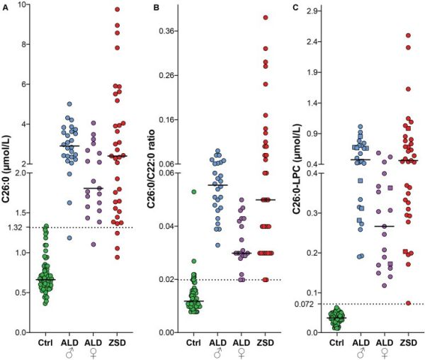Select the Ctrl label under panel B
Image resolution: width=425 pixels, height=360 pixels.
pyautogui.click(x=193, y=343)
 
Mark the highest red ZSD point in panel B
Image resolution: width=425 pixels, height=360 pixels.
pyautogui.click(x=266, y=17)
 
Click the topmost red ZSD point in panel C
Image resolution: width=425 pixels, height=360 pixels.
pyautogui.click(x=408, y=35)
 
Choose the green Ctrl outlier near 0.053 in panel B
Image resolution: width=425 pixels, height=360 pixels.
pyautogui.click(x=193, y=191)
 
